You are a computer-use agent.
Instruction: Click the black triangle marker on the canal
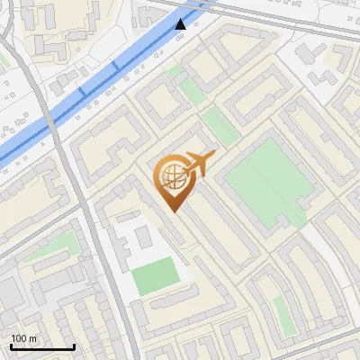[x=181, y=23]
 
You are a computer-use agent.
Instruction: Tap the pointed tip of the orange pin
[x=173, y=211]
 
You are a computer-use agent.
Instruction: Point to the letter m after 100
[x=33, y=338]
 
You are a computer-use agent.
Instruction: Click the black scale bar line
[x=42, y=346]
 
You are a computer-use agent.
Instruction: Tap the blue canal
[x=90, y=90]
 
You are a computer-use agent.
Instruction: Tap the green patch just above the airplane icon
[x=218, y=126]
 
